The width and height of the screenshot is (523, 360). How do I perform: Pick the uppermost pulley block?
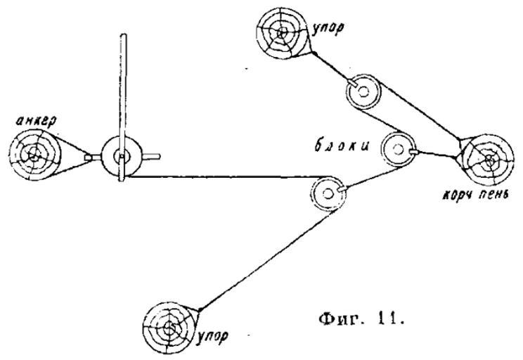point(362,91)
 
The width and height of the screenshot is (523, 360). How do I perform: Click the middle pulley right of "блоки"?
point(397,148)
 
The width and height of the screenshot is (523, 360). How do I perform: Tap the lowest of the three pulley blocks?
point(328,191)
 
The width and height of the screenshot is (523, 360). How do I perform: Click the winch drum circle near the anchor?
point(119,156)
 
